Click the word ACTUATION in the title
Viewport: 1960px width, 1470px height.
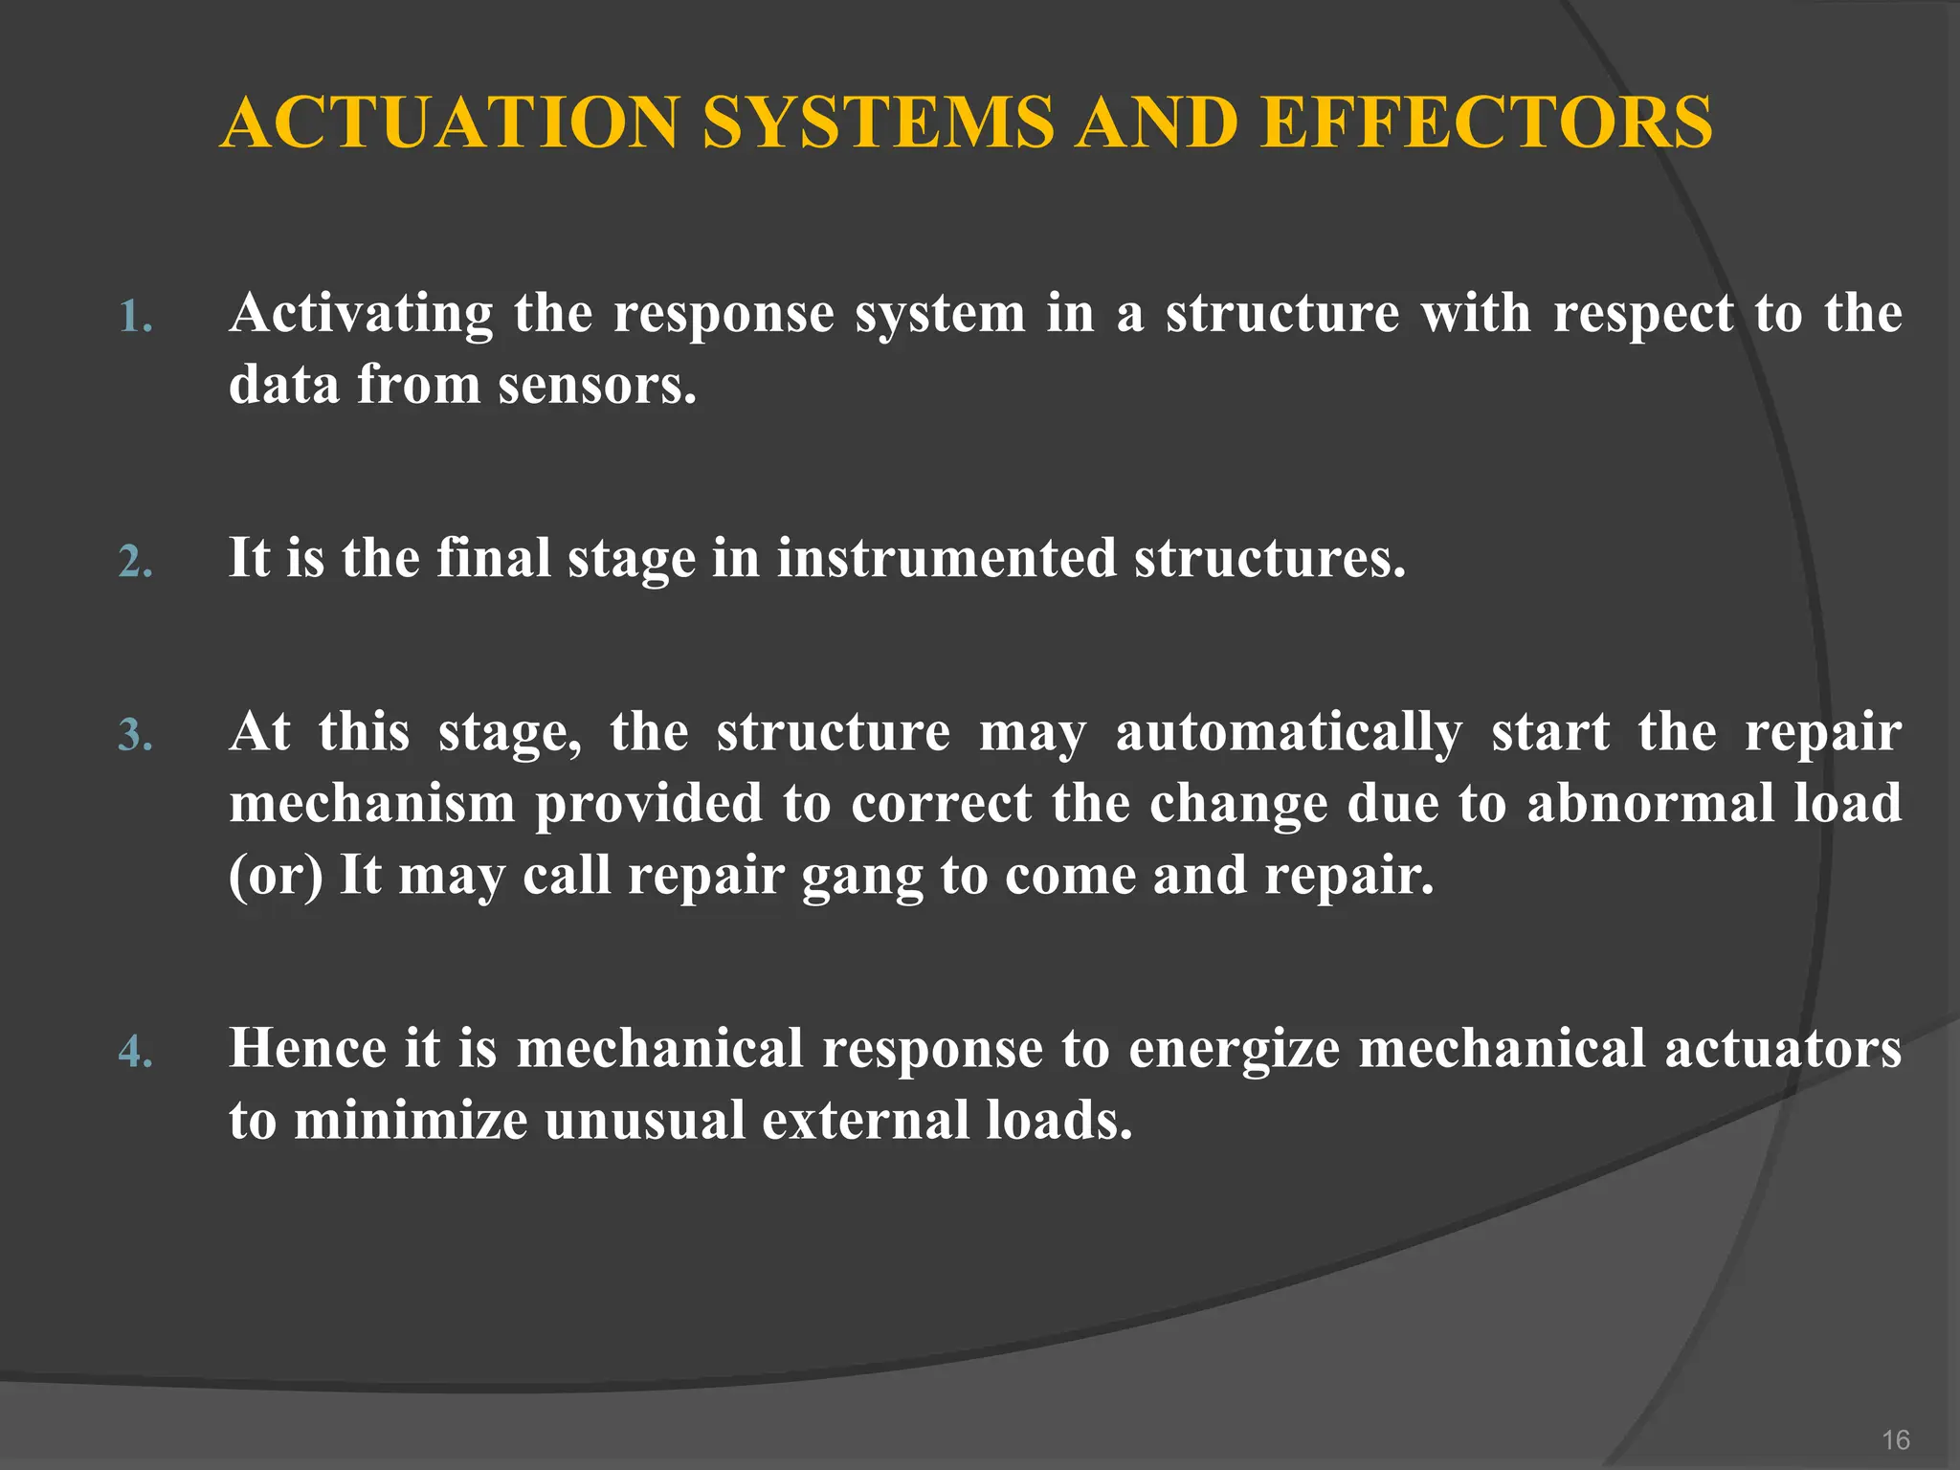pyautogui.click(x=450, y=122)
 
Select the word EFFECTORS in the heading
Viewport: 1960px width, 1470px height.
pyautogui.click(x=1486, y=122)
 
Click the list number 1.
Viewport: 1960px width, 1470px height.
pyautogui.click(x=135, y=318)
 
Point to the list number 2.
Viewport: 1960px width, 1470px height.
pyautogui.click(x=135, y=562)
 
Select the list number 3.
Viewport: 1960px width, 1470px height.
pyautogui.click(x=135, y=736)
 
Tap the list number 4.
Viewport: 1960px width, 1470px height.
pyautogui.click(x=135, y=1053)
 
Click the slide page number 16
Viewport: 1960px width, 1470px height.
pyautogui.click(x=1895, y=1439)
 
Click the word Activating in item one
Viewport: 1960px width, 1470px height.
pyautogui.click(x=361, y=314)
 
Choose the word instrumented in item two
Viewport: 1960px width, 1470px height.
pyautogui.click(x=947, y=558)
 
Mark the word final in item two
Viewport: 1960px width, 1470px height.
pyautogui.click(x=494, y=558)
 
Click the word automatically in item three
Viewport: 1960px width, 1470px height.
pyautogui.click(x=1288, y=733)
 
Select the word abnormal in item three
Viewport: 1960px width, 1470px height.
pyautogui.click(x=1650, y=803)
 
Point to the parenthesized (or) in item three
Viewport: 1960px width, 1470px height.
pyautogui.click(x=276, y=876)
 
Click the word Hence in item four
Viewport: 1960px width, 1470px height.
pyautogui.click(x=307, y=1048)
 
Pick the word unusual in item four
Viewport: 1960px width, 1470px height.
pyautogui.click(x=644, y=1120)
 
